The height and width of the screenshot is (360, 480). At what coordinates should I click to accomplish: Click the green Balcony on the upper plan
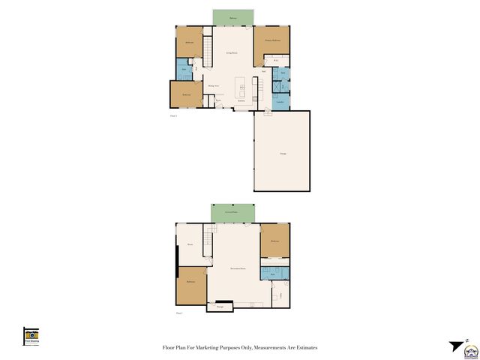point(232,17)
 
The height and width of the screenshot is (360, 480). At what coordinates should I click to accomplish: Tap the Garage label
point(283,153)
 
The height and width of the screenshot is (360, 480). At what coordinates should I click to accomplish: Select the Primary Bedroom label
point(271,39)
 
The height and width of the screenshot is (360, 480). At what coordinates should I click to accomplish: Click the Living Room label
point(232,52)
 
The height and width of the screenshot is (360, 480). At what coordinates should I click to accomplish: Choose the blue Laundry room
point(280,100)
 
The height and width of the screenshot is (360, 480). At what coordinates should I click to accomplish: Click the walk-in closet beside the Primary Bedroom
point(277,60)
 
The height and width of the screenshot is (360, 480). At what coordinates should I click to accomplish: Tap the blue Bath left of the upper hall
point(184,70)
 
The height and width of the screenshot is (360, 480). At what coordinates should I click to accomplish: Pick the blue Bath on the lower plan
point(271,274)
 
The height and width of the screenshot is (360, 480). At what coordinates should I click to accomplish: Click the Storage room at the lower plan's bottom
point(220,306)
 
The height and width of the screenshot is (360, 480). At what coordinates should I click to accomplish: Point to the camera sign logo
point(31,336)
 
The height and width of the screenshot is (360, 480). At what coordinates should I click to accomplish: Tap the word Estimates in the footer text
point(304,348)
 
